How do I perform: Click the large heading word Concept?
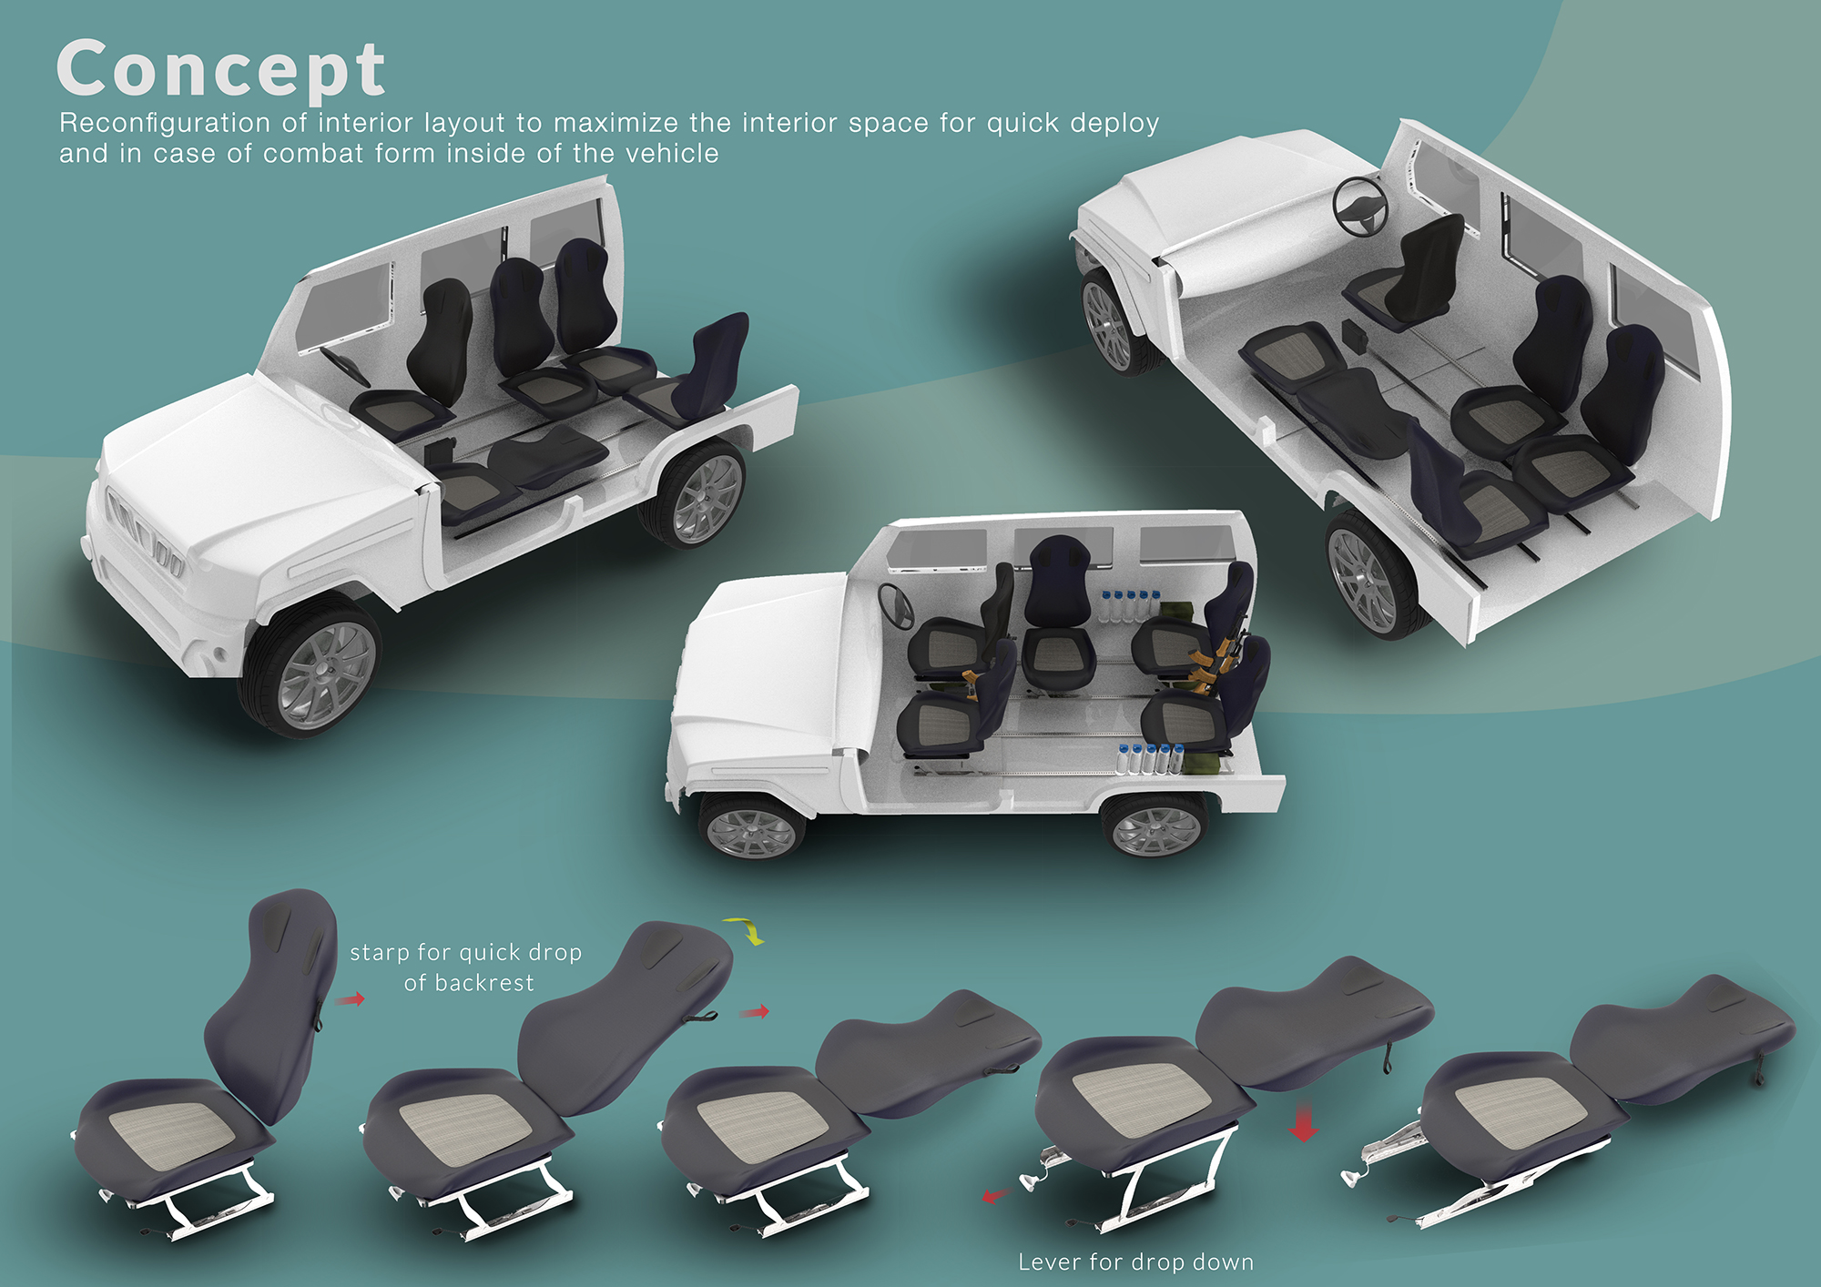(221, 70)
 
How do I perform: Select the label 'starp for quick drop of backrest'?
(466, 968)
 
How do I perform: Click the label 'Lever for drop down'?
(1135, 1262)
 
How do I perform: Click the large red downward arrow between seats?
(1304, 1122)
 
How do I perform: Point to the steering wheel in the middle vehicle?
(896, 606)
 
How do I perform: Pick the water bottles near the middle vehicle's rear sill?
(1150, 759)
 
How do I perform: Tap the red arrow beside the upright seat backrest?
(350, 999)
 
